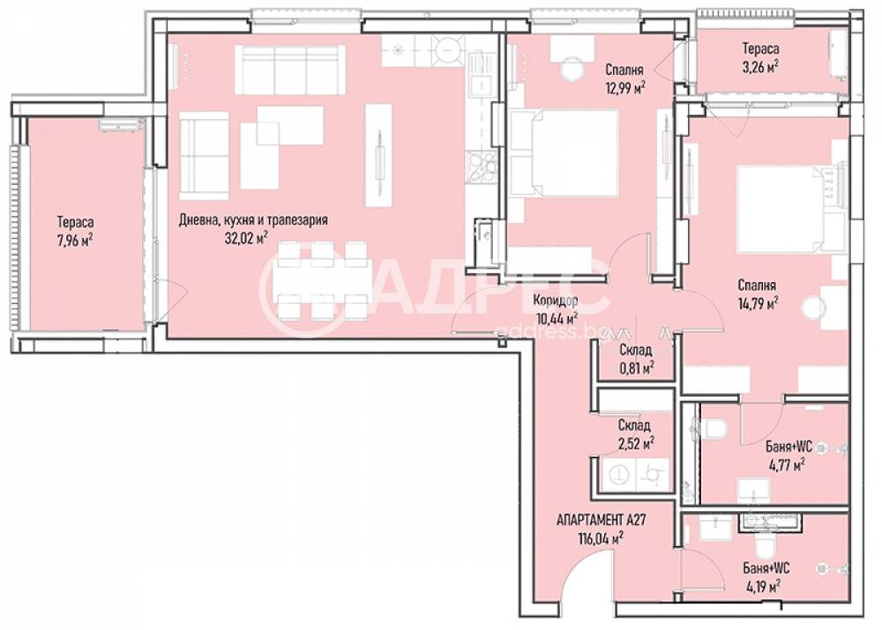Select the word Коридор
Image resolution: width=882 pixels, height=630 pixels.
coord(555,300)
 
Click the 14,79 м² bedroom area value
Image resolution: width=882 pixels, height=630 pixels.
coord(758,303)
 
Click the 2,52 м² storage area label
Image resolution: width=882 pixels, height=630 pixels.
coord(635,442)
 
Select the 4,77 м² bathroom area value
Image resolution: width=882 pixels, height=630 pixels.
coord(786,463)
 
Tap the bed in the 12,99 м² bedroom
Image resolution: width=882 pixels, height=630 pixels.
coord(564,154)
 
